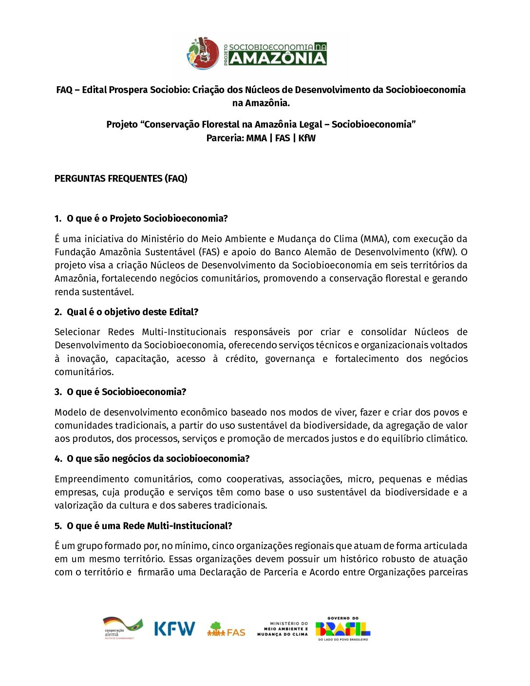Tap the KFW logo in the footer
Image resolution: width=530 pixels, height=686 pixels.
[x=174, y=629]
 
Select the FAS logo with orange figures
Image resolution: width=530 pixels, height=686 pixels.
[x=226, y=629]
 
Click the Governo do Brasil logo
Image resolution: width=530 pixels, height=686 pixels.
[x=343, y=629]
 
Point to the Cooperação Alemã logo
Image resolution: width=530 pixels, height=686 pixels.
[x=122, y=628]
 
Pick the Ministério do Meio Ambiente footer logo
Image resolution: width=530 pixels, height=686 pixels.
[x=283, y=629]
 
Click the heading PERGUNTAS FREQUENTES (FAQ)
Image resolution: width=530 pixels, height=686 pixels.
[x=121, y=178]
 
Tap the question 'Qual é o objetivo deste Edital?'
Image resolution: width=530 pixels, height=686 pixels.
[x=132, y=312]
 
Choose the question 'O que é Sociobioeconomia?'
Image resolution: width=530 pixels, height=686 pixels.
[x=126, y=392]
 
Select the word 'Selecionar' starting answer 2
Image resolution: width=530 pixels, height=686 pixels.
[x=77, y=332]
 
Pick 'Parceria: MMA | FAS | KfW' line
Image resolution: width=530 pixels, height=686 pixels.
[x=261, y=138]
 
